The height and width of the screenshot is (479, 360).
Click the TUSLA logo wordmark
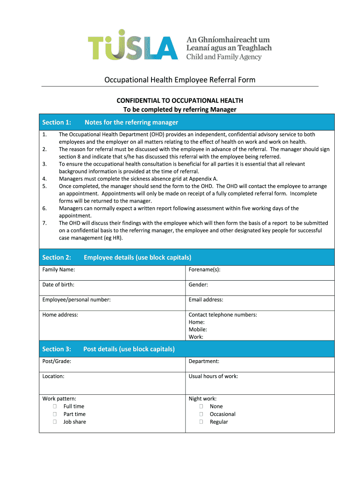(x=133, y=45)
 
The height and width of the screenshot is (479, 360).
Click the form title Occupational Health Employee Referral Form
(x=180, y=80)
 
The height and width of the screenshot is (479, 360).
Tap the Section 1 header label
(x=57, y=122)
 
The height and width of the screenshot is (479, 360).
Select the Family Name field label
(x=59, y=269)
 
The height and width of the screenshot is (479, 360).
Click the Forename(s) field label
(x=204, y=269)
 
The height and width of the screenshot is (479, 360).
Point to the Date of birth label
(x=58, y=284)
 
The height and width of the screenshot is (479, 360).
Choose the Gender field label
(x=198, y=284)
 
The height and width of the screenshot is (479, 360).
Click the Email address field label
(x=206, y=299)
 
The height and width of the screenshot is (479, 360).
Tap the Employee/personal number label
(x=77, y=299)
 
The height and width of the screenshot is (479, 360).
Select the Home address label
(x=60, y=315)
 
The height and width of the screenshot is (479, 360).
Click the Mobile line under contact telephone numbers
(x=198, y=329)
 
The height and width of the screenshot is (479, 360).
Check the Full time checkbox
(x=55, y=406)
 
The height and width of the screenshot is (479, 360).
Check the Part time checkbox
(x=55, y=414)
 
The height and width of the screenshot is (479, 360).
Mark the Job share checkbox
(x=55, y=421)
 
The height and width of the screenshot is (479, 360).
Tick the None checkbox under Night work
(x=201, y=406)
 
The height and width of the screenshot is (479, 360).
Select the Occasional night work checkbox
(x=201, y=414)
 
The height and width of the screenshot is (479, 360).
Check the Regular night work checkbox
(x=201, y=421)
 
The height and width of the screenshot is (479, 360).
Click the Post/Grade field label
(x=57, y=361)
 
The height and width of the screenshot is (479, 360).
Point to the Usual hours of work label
(x=213, y=376)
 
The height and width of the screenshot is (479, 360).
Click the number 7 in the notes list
(x=44, y=223)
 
